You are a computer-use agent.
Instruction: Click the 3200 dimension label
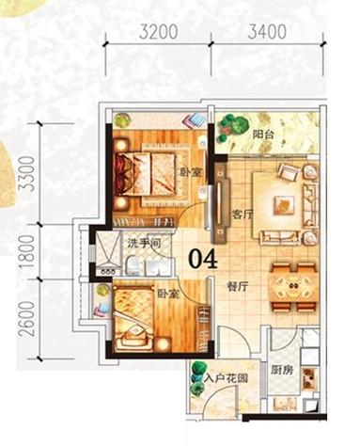[x=158, y=30]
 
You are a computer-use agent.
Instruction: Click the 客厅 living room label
[x=242, y=214]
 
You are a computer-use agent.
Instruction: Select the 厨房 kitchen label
[x=282, y=371]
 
